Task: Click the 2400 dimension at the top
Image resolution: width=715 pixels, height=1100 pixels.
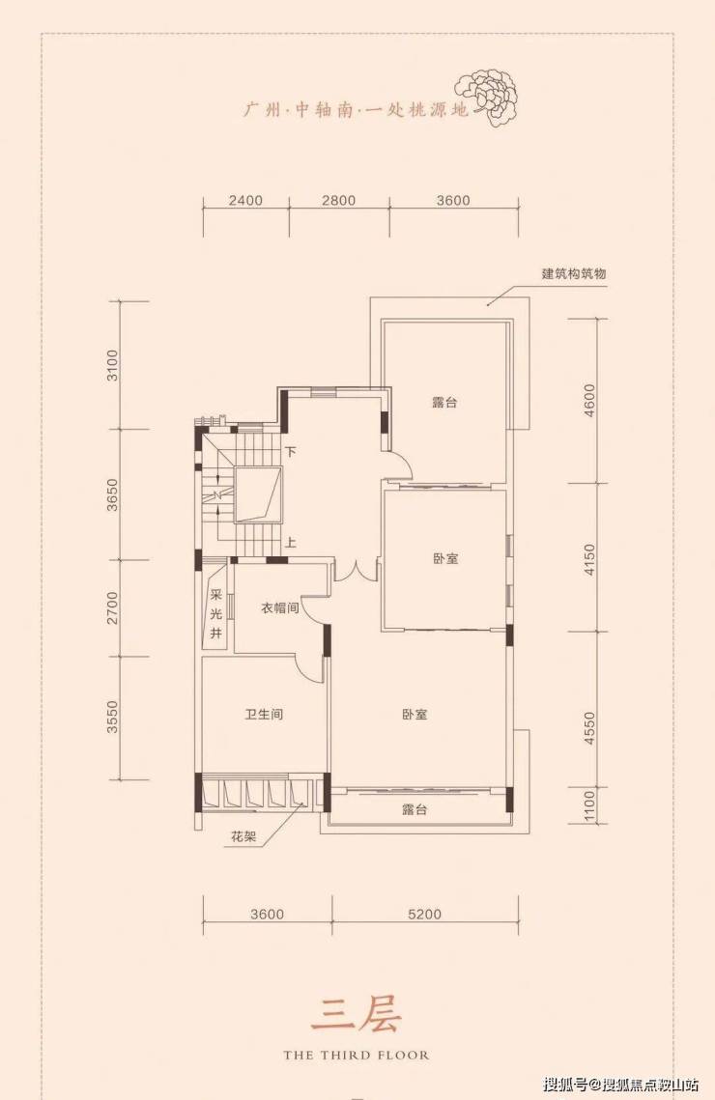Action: click(245, 201)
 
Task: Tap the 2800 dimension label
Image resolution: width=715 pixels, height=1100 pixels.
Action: click(339, 201)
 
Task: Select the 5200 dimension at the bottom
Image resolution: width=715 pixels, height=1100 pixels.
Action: click(424, 915)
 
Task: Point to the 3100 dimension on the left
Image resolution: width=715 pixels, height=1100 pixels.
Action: click(113, 365)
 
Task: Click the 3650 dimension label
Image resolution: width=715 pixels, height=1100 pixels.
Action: click(113, 494)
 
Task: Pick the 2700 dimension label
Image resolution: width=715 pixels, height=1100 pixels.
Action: click(113, 608)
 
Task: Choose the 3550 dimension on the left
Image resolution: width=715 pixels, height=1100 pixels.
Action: click(113, 717)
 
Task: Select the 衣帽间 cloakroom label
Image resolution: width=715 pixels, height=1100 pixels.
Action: click(280, 608)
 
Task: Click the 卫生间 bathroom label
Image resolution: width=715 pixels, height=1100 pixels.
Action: click(264, 715)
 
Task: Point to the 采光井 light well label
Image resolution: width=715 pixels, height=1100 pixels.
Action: click(216, 614)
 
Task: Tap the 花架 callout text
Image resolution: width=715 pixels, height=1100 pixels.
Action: click(243, 836)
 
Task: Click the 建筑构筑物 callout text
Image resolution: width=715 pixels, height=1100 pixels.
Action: click(573, 273)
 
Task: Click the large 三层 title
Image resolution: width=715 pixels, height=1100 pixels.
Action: click(356, 1013)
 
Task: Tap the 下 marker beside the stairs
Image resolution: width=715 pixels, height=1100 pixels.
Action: click(291, 453)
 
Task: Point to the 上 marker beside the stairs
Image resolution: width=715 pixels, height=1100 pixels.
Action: click(291, 543)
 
